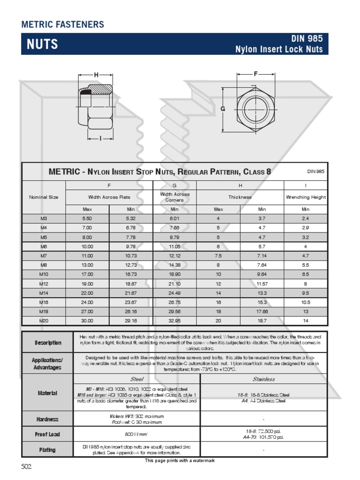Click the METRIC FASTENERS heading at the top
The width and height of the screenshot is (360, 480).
click(63, 25)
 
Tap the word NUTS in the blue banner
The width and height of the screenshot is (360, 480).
click(42, 45)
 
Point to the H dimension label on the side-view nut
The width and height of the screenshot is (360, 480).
click(96, 75)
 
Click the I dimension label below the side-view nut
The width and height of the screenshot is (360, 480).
click(100, 138)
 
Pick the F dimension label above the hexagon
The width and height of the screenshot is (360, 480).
click(256, 74)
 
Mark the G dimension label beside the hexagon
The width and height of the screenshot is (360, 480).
click(223, 109)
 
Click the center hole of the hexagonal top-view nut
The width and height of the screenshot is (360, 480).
click(256, 108)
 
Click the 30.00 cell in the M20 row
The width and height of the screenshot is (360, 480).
click(87, 321)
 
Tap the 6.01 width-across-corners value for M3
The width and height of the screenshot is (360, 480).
click(174, 219)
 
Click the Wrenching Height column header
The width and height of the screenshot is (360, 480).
click(306, 197)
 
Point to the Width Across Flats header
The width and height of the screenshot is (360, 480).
click(109, 197)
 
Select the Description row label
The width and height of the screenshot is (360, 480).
click(47, 343)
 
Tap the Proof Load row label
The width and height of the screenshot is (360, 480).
click(47, 434)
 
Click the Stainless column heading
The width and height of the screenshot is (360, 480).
click(263, 379)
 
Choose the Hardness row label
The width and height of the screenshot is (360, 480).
click(47, 419)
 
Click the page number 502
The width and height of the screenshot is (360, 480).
click(26, 466)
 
